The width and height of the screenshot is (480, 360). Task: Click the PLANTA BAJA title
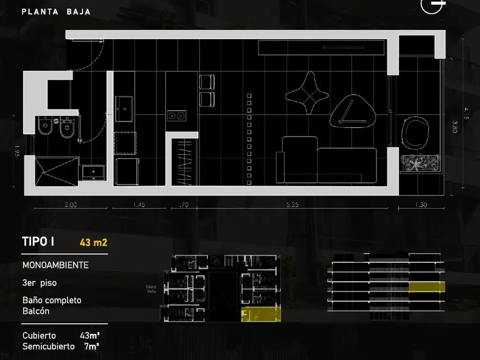click(56, 12)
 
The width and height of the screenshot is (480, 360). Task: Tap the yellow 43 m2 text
click(93, 242)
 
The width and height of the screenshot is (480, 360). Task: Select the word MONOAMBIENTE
click(55, 265)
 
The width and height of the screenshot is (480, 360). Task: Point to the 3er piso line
click(39, 283)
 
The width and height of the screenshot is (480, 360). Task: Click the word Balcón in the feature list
click(36, 311)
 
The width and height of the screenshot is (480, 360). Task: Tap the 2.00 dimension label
click(70, 205)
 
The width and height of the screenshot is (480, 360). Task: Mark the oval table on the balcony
click(415, 133)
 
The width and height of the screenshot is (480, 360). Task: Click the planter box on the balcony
click(420, 164)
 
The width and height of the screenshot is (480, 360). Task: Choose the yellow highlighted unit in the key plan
click(260, 315)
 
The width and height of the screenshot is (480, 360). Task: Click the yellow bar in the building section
click(427, 287)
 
